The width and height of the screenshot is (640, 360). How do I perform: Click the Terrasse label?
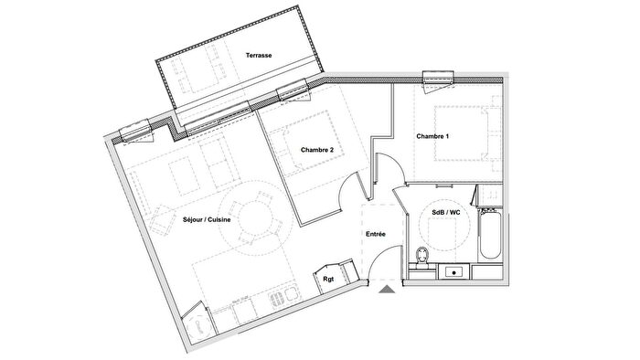[x=259, y=56]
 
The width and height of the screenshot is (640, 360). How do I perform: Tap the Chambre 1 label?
[x=432, y=136]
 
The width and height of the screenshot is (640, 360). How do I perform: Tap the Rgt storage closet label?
[x=326, y=281]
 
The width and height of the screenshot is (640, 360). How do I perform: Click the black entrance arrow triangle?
[x=388, y=290]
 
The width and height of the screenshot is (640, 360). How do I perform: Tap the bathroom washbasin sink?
[x=453, y=270]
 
